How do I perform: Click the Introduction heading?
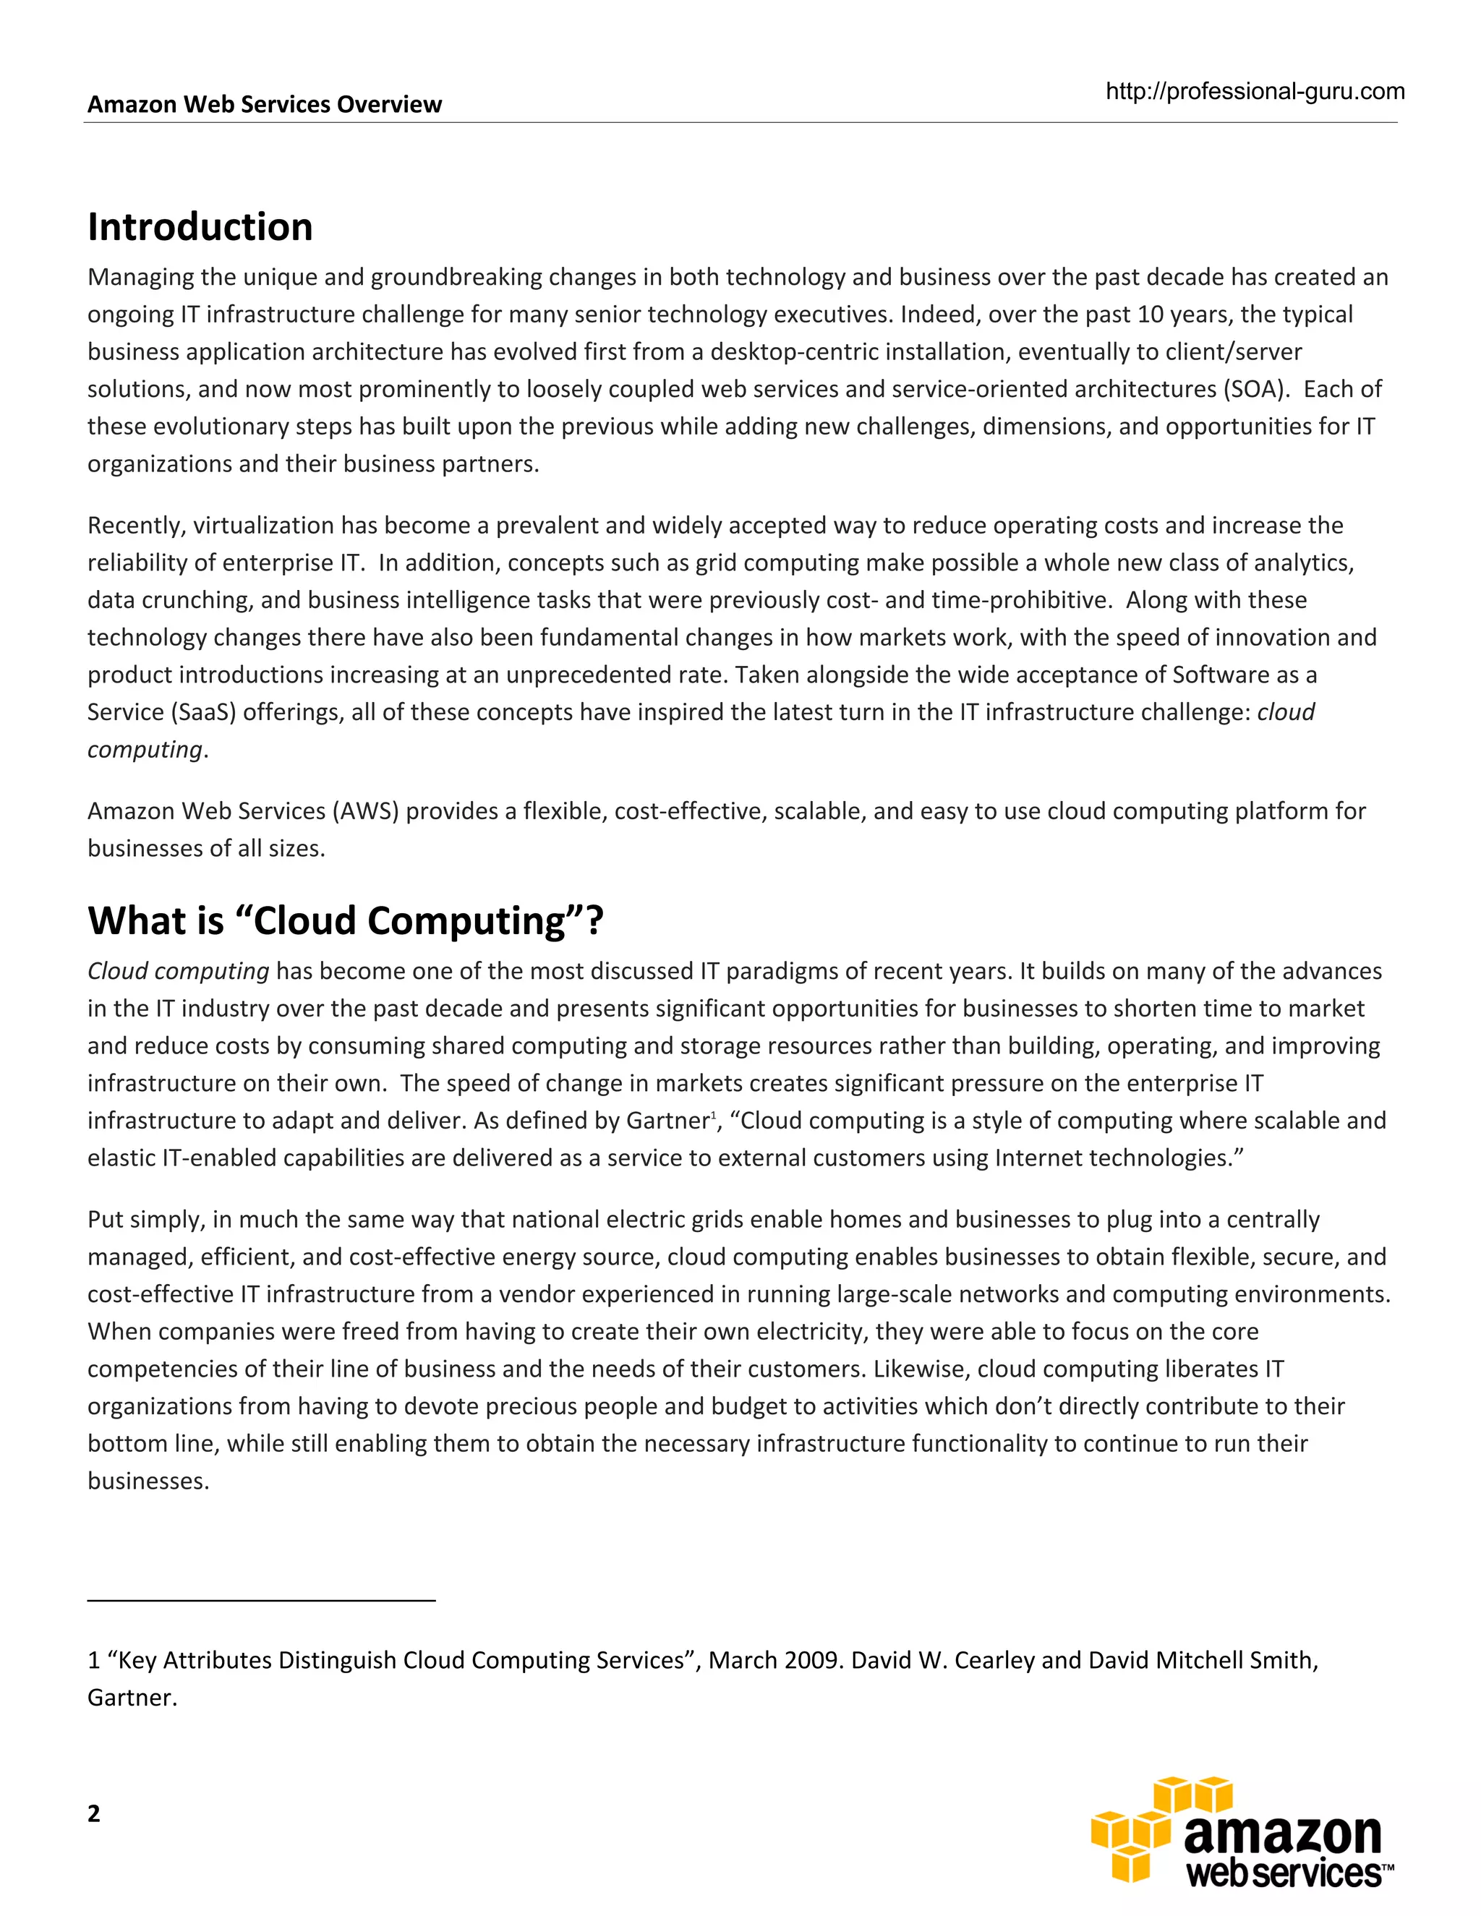pyautogui.click(x=200, y=227)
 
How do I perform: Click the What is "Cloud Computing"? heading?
pyautogui.click(x=346, y=921)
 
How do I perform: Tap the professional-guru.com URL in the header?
pyautogui.click(x=1255, y=91)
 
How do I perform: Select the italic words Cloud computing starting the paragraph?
pyautogui.click(x=178, y=971)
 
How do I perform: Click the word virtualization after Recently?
pyautogui.click(x=263, y=526)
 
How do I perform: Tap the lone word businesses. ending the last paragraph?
pyautogui.click(x=148, y=1481)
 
